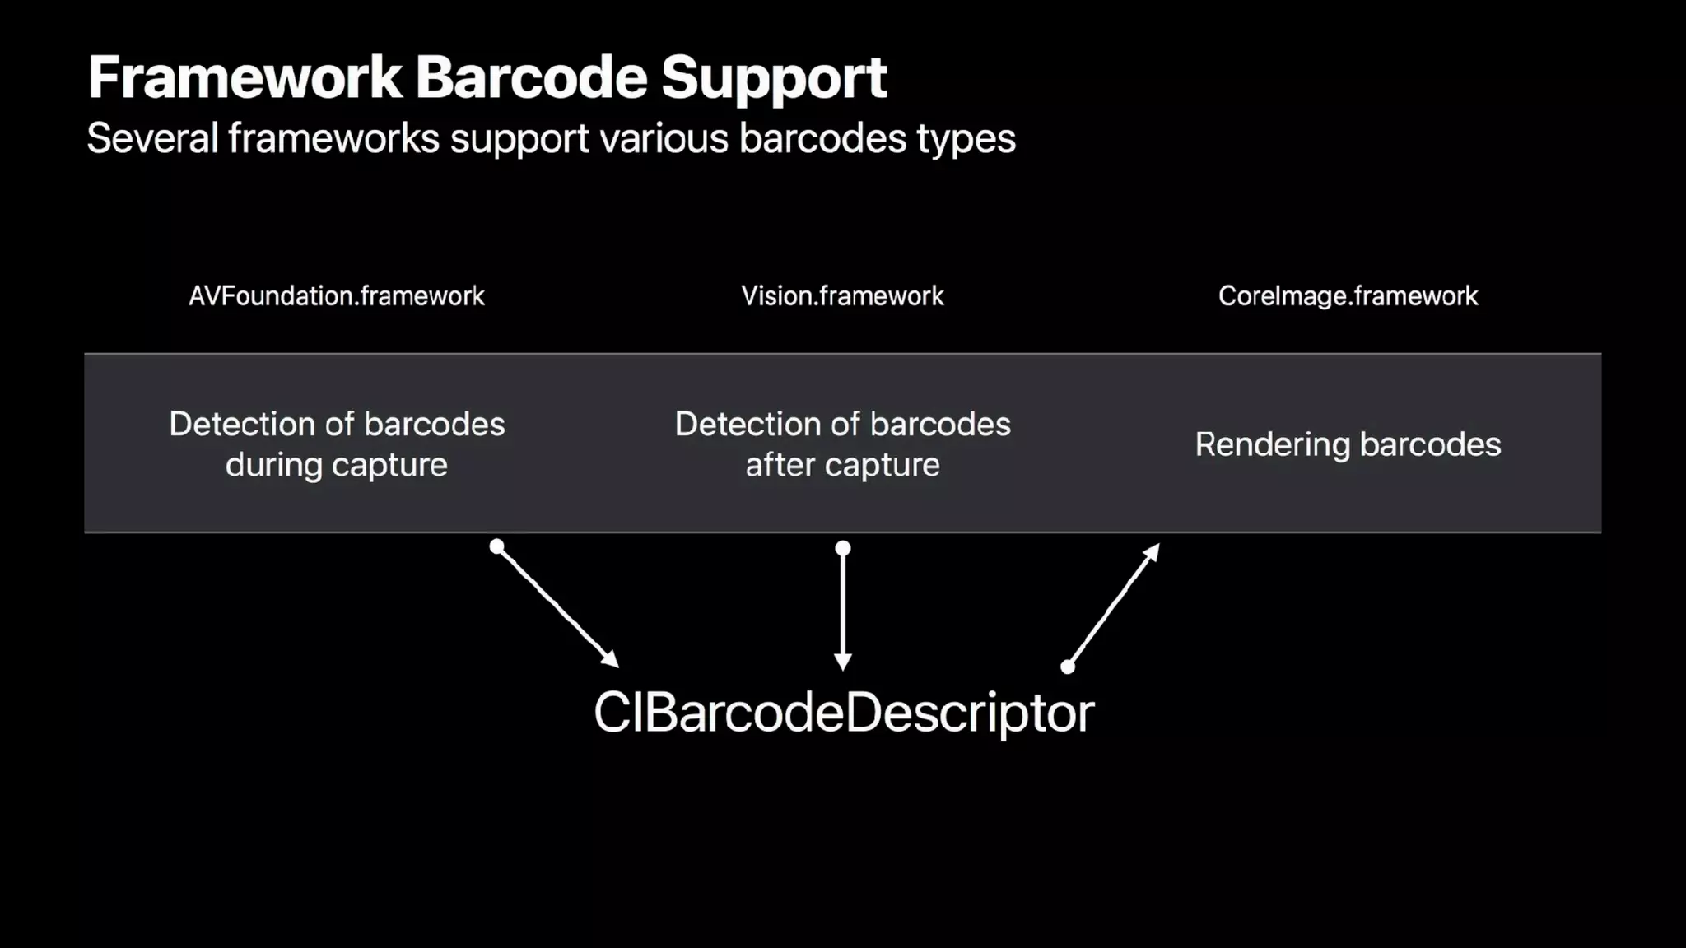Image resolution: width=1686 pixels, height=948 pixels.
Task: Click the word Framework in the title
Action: [245, 77]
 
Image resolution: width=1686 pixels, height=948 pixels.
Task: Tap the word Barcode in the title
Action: [531, 77]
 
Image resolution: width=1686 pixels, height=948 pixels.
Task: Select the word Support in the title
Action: [774, 79]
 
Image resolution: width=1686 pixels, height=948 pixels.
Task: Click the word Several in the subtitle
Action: [152, 138]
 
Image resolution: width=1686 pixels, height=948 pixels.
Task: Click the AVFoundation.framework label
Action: [337, 296]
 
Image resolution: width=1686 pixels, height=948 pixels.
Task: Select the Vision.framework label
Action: [842, 296]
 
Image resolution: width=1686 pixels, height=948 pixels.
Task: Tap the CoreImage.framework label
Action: [1348, 296]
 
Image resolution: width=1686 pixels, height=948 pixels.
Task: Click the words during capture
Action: [337, 466]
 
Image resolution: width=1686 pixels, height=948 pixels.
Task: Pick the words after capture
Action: [842, 466]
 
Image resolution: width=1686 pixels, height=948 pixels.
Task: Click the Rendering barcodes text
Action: [1348, 445]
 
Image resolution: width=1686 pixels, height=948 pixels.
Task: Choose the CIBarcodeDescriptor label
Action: [844, 713]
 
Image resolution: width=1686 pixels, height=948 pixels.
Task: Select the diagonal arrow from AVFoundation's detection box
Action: [557, 606]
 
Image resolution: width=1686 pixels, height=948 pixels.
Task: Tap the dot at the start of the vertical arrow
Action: [843, 548]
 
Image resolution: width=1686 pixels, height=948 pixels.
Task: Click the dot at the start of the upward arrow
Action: [1068, 667]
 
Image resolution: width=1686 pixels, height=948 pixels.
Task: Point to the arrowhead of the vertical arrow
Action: [843, 662]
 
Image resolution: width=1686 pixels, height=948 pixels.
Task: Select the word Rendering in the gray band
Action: [1273, 445]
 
